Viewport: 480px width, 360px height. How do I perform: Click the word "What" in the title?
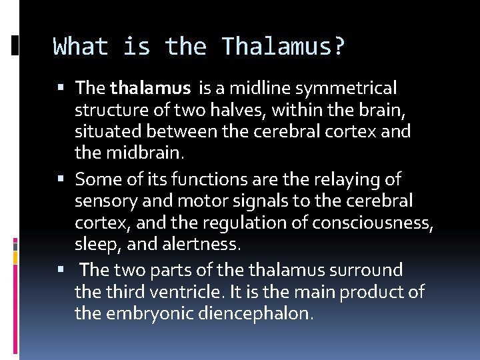[79, 47]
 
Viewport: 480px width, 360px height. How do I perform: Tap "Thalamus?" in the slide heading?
[283, 47]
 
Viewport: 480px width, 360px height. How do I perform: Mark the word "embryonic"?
[152, 314]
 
